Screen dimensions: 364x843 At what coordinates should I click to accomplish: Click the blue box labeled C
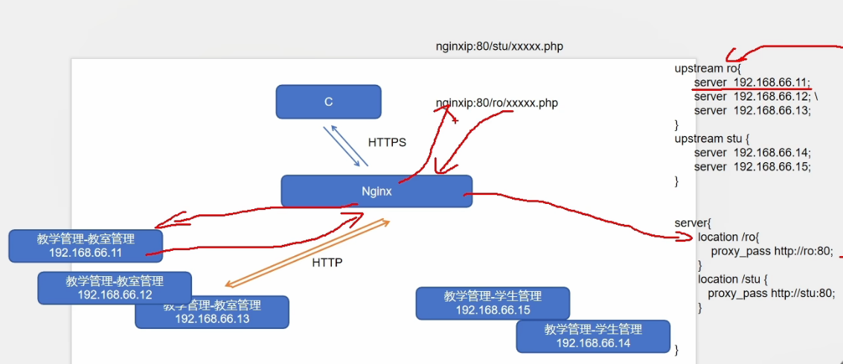(328, 101)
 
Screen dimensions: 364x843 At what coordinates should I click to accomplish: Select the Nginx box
(376, 191)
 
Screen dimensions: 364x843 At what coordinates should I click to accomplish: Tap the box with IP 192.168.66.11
(86, 246)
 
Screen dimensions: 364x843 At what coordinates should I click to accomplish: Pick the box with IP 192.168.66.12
(115, 287)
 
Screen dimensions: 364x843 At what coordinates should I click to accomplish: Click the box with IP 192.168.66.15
(493, 303)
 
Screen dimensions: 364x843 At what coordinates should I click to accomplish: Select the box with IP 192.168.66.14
(593, 336)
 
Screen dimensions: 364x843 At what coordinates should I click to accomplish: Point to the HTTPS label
(387, 142)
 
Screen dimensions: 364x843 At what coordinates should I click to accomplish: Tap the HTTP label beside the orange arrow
(327, 262)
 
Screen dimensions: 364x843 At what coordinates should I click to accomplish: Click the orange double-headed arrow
(307, 253)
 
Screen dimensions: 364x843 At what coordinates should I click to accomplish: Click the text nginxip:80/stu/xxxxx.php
(499, 46)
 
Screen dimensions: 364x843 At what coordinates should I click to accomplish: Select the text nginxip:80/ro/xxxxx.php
(496, 103)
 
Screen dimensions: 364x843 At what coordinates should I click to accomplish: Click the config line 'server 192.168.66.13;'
(751, 110)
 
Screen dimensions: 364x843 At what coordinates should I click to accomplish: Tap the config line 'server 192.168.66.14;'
(751, 153)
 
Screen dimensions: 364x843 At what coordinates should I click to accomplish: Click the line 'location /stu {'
(729, 279)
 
